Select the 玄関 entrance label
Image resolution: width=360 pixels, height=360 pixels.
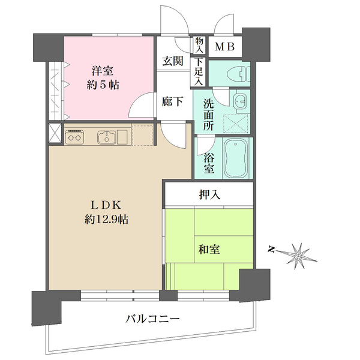[173, 61]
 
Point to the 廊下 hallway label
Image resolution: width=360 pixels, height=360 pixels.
[173, 102]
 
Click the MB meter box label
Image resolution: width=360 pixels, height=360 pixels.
[225, 46]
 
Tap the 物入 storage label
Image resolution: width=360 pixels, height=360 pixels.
[198, 45]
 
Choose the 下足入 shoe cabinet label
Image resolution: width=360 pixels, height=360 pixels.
[198, 70]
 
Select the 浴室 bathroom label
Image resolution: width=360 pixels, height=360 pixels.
[208, 163]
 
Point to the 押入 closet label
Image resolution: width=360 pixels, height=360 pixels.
[209, 195]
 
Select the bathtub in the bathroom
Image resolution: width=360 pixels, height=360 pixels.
[236, 157]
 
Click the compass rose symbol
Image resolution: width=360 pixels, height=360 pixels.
[298, 254]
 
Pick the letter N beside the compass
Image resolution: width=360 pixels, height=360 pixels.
[271, 248]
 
